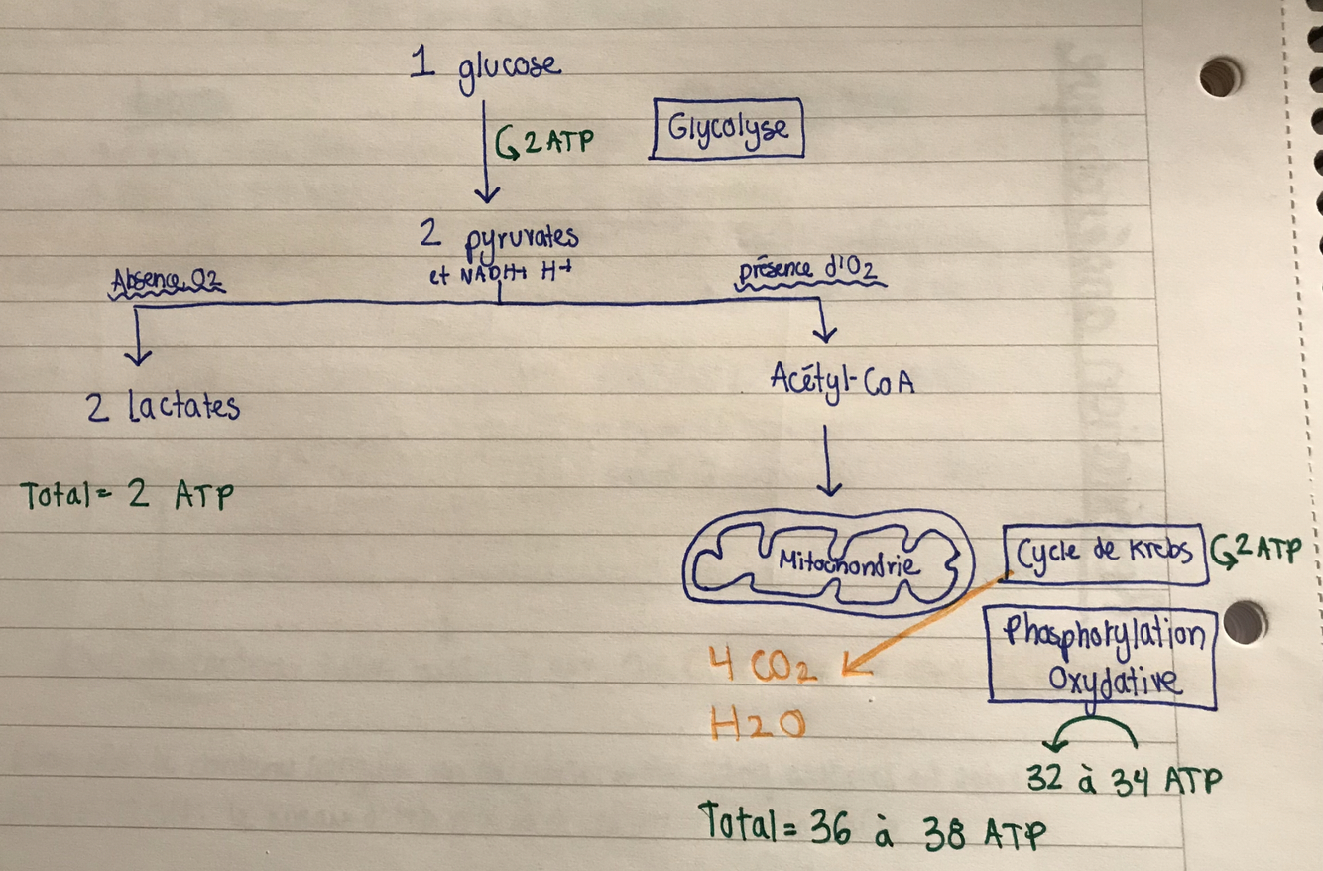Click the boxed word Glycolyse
[727, 128]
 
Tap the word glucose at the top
[509, 69]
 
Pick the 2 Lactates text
[164, 407]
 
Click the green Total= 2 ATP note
[127, 495]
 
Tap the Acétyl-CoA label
[841, 380]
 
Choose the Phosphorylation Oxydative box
[1102, 656]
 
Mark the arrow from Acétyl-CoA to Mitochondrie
[831, 461]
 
